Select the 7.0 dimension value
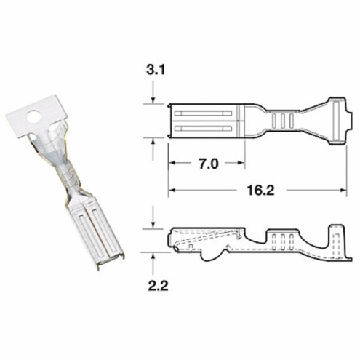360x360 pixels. click(x=205, y=164)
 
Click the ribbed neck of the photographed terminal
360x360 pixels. click(x=63, y=175)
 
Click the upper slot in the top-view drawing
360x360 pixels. click(x=203, y=113)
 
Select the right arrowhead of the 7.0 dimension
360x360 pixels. click(x=240, y=164)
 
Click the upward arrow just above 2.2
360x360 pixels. click(x=153, y=257)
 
